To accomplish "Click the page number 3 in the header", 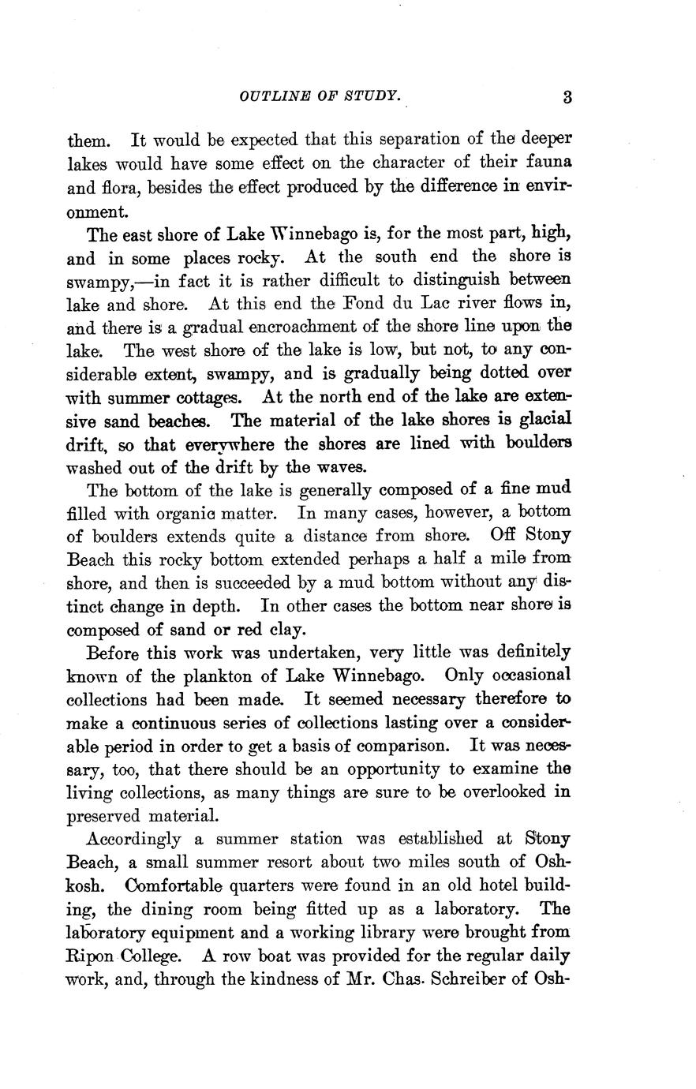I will [x=567, y=97].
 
